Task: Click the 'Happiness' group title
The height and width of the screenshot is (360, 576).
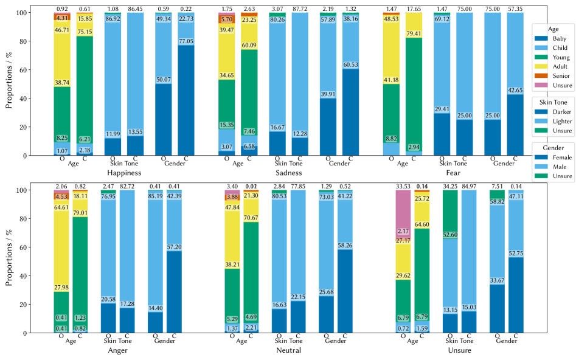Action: (123, 173)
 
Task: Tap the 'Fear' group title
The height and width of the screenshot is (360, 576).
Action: (453, 173)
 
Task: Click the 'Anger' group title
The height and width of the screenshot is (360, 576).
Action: (117, 350)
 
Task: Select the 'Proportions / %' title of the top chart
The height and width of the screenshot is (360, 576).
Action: (9, 82)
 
